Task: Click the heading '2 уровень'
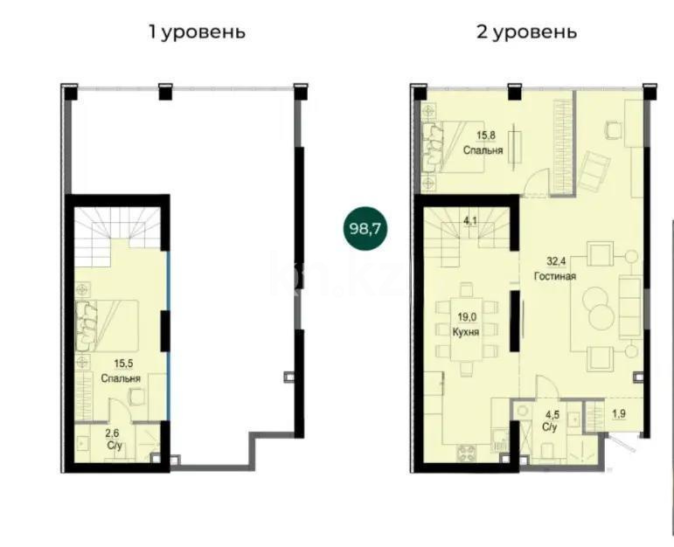click(526, 32)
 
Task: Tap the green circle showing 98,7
click(365, 230)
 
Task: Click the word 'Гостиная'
click(554, 277)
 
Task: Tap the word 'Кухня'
click(465, 333)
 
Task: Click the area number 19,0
click(464, 319)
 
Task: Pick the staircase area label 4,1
click(469, 220)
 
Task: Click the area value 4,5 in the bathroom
click(550, 415)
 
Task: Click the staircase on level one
click(119, 232)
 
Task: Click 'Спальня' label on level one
click(120, 377)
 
